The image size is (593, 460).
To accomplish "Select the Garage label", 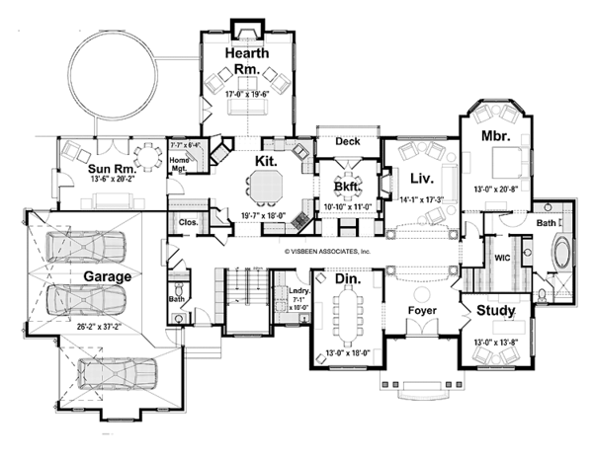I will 107,277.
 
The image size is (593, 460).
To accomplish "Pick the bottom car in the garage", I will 116,373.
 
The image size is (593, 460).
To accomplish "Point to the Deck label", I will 347,141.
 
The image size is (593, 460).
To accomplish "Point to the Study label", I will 494,312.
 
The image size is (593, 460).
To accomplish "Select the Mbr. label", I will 494,135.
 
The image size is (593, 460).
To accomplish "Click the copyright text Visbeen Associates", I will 328,253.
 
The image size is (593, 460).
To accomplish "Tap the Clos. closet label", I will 188,223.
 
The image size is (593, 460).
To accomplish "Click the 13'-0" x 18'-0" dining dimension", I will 346,353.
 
